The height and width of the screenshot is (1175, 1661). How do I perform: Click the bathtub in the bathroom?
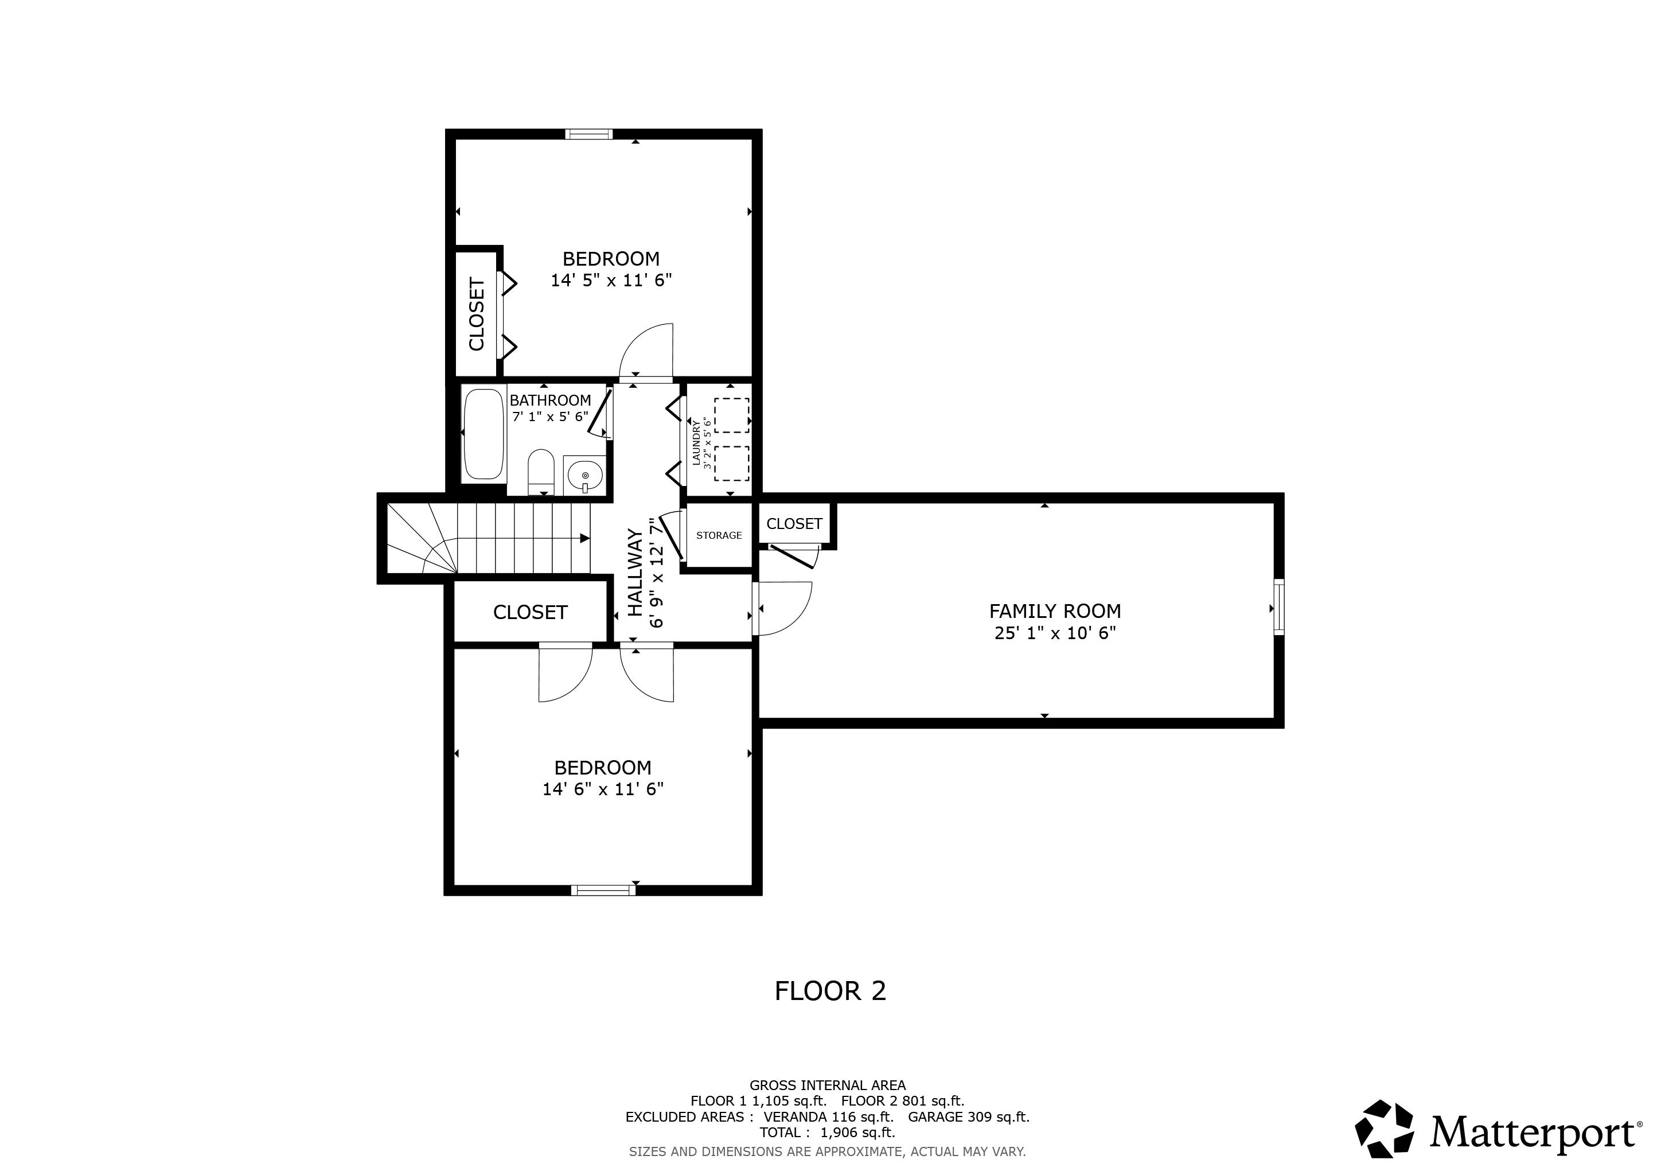[x=484, y=434]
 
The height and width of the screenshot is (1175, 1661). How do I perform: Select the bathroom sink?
[x=584, y=476]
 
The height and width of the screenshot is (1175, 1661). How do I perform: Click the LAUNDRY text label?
[x=696, y=443]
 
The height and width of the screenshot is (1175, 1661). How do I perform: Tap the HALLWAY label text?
[x=634, y=573]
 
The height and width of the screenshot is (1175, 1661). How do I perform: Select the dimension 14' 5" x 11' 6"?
[x=611, y=281]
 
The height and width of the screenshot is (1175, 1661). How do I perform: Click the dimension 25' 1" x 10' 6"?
[x=1055, y=633]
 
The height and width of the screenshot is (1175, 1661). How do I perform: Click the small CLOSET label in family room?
[x=794, y=524]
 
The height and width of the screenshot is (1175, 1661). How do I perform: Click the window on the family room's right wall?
[x=1278, y=608]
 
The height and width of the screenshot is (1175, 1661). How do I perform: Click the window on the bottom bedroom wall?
[x=603, y=890]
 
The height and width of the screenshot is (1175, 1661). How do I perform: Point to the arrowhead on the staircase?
[x=584, y=538]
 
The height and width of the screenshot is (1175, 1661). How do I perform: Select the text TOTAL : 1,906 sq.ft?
[x=827, y=1133]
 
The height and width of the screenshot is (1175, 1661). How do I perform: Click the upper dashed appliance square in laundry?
[x=731, y=415]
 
